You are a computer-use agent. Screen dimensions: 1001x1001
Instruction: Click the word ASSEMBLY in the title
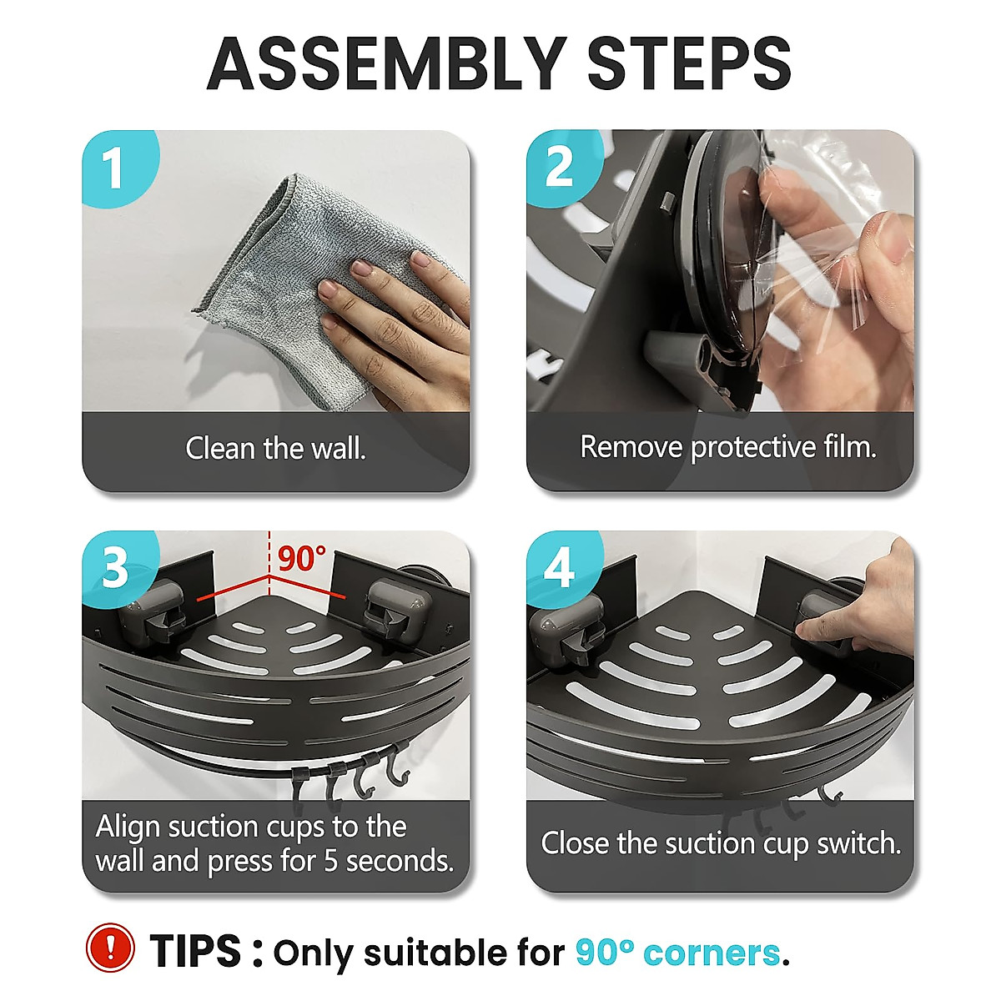pos(388,64)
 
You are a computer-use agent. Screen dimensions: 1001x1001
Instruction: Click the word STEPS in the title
pos(689,64)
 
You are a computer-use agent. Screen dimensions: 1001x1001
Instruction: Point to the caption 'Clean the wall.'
pos(276,448)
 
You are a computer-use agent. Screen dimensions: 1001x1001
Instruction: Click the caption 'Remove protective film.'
pos(728,447)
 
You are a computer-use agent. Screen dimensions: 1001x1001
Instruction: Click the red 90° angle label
pos(302,558)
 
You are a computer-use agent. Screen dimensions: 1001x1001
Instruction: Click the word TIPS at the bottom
pos(195,950)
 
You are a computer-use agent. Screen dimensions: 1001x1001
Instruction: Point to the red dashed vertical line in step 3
pos(269,563)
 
